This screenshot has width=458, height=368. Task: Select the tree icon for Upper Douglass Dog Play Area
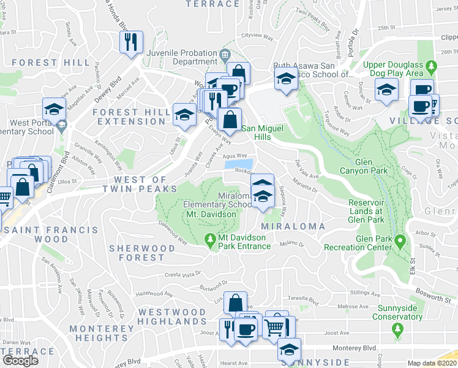click(432, 65)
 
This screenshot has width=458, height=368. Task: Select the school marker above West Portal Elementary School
click(54, 110)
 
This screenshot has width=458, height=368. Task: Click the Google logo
click(20, 361)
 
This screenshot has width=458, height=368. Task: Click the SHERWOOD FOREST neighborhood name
click(137, 252)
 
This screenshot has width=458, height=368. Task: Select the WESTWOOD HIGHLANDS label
click(172, 316)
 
